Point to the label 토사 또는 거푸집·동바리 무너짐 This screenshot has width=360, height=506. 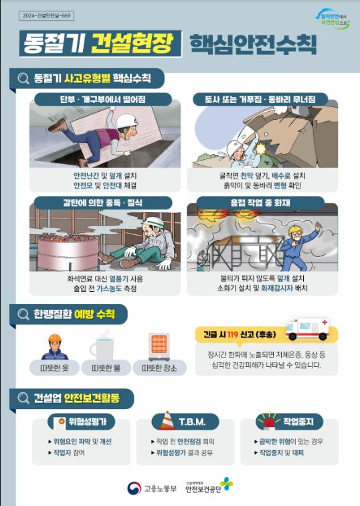pyautogui.click(x=261, y=99)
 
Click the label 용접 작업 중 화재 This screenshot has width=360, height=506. pyautogui.click(x=262, y=201)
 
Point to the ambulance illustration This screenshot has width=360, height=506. pyautogui.click(x=307, y=328)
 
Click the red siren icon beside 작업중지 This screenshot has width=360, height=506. pyautogui.click(x=268, y=421)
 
